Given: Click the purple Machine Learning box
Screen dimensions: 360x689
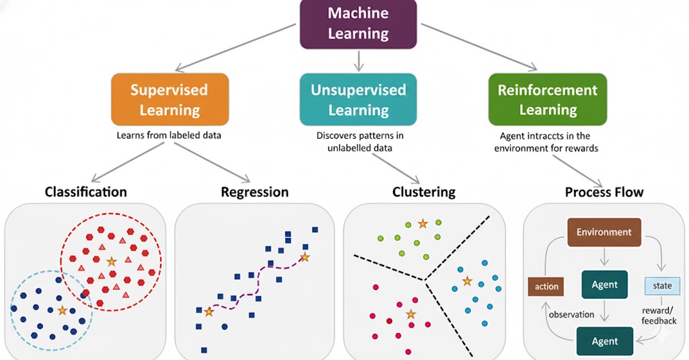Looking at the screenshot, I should click(358, 23).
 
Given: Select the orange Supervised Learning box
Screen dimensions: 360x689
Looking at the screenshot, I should click(170, 100).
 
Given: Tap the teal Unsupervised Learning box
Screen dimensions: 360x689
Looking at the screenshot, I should click(358, 100).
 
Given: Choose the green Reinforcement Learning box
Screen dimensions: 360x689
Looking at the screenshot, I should click(548, 100).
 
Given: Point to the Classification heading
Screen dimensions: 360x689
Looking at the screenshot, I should click(85, 192).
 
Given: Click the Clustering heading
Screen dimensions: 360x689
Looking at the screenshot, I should click(424, 192).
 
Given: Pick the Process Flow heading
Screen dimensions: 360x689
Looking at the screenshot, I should click(604, 192).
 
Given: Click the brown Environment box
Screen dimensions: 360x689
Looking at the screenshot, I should click(604, 232).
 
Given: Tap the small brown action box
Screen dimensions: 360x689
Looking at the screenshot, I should click(546, 286).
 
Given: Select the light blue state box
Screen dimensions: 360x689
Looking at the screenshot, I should click(662, 285).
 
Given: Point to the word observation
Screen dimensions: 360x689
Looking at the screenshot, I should click(571, 314).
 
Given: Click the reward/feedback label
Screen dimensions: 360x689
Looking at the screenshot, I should click(659, 316).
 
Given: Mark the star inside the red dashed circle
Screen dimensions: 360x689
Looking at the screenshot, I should click(111, 261).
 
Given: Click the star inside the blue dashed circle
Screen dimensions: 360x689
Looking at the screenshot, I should click(63, 310).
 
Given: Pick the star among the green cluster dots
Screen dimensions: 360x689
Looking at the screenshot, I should click(423, 223).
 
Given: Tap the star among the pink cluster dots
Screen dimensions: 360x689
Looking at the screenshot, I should click(410, 314).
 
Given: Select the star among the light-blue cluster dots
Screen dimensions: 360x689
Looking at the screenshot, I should click(467, 281).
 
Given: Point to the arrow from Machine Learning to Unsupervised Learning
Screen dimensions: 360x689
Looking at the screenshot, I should click(358, 60).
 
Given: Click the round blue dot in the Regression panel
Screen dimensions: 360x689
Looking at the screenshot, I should click(225, 326).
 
